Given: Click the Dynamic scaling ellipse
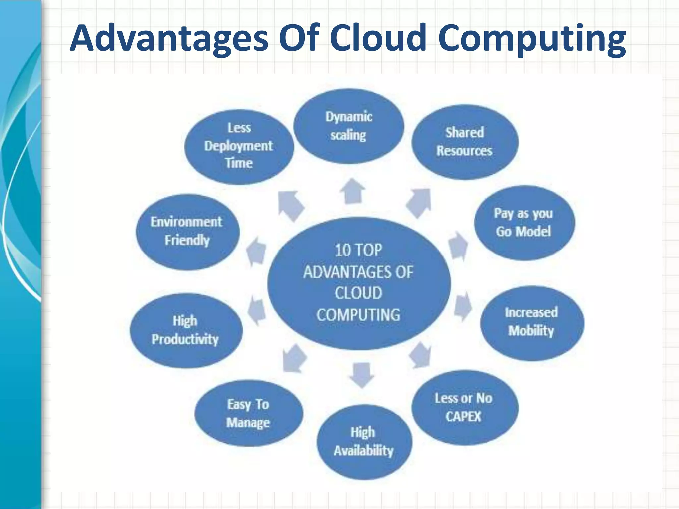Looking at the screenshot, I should pos(348,126).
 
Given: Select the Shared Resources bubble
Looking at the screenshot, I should pos(464,142).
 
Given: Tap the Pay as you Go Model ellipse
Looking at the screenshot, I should pos(524,223).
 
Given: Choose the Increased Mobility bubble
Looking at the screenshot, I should pos(531,322).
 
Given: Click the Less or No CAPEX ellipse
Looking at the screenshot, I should pos(464,408).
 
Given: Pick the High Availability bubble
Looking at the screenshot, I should pos(364,442).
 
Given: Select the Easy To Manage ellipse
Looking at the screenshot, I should pos(248,414).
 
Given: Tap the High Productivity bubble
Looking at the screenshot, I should pos(185,330).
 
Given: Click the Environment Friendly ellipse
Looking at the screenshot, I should pos(187,231).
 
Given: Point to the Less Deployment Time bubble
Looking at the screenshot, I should pos(239,146).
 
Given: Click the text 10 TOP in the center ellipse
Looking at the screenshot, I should pos(358,250).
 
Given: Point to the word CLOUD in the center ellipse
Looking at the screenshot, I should pos(358,293).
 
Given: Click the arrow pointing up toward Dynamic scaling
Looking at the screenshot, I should pos(353,192).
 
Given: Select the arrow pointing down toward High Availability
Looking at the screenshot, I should pos(362,374).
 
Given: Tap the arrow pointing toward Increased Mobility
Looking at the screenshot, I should pos(462,306).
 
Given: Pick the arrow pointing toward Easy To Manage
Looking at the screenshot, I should pos(293,359).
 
